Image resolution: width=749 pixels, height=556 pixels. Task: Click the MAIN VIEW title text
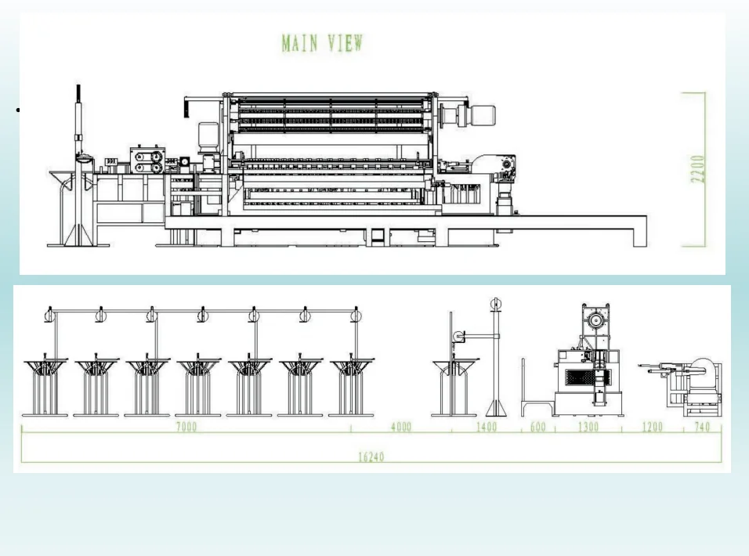(x=323, y=43)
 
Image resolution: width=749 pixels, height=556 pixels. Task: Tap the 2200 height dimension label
(x=698, y=168)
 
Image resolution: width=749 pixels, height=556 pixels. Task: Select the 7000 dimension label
(x=186, y=427)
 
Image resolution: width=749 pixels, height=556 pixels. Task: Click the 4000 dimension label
(x=400, y=427)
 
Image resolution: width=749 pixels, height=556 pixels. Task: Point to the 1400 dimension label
(x=487, y=427)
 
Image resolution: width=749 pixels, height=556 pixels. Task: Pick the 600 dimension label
(x=537, y=427)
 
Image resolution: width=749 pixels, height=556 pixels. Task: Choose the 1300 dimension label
(x=588, y=427)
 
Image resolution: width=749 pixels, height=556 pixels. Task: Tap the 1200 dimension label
(x=652, y=427)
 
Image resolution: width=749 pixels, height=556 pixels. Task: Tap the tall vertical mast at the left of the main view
(x=78, y=125)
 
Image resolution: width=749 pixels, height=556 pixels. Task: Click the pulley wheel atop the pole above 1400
(x=494, y=305)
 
